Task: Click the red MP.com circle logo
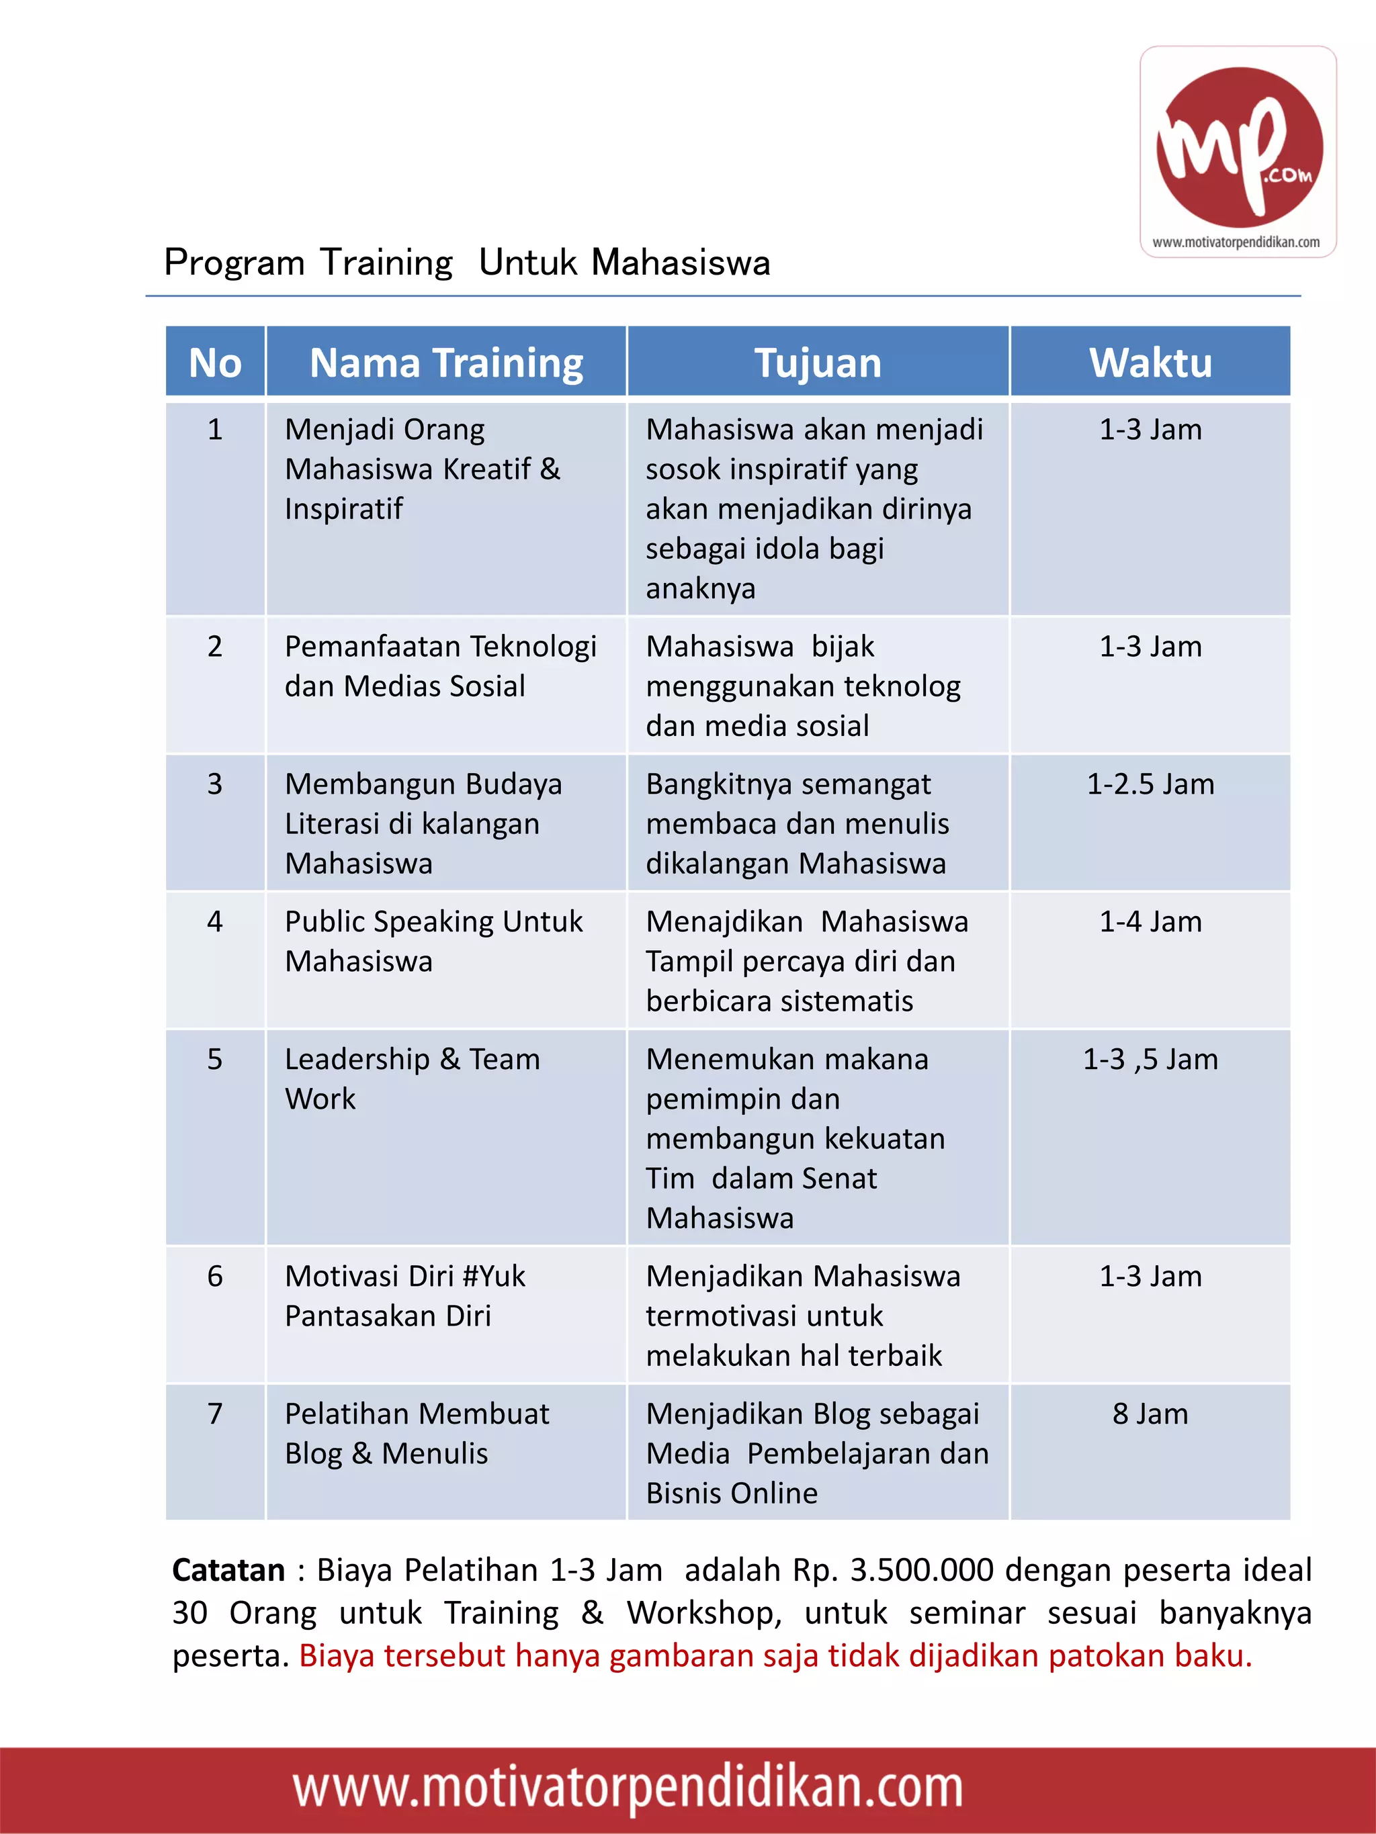[1239, 147]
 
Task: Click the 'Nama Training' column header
[446, 363]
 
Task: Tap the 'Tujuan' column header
[818, 363]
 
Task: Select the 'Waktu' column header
[1150, 363]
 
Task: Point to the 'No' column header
[215, 363]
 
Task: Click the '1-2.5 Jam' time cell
[1150, 784]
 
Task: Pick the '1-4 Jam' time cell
[1150, 921]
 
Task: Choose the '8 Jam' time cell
[1150, 1414]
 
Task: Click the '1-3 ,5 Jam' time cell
[1150, 1059]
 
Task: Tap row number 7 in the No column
[215, 1414]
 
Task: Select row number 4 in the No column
[215, 921]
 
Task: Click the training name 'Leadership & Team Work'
[413, 1078]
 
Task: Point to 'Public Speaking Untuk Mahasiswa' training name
[433, 941]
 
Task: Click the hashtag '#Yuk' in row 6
[494, 1276]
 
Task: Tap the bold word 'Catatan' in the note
[228, 1570]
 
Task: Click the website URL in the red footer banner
[628, 1788]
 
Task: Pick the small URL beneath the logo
[1236, 242]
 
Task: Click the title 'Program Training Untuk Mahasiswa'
[467, 262]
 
